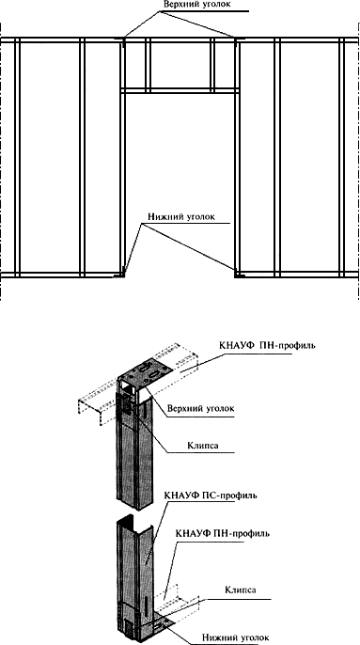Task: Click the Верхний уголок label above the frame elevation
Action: tap(197, 5)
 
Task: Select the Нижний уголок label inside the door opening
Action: tap(181, 217)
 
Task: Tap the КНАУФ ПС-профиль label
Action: tap(211, 495)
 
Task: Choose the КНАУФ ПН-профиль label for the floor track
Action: tap(223, 534)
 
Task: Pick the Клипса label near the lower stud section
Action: tap(242, 590)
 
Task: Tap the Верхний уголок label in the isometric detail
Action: tap(201, 409)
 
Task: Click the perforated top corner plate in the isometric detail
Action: tap(142, 371)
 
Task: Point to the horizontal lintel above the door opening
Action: tap(180, 90)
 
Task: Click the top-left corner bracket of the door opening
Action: tap(122, 40)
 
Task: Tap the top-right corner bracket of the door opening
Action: tap(238, 40)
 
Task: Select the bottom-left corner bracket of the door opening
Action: tap(122, 273)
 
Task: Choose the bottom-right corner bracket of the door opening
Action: tap(238, 273)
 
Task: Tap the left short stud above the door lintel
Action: tap(146, 64)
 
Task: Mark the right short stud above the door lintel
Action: tap(212, 64)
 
